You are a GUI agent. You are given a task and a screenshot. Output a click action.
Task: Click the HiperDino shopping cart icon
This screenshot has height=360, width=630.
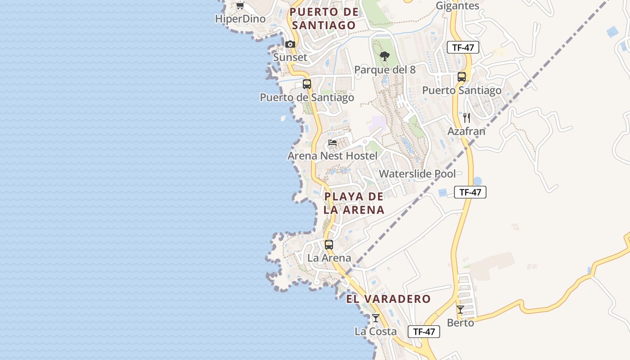(240, 6)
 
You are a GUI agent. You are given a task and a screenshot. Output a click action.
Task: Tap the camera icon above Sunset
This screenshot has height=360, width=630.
(290, 44)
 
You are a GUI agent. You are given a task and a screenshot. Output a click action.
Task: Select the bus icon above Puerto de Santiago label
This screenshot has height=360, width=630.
(307, 84)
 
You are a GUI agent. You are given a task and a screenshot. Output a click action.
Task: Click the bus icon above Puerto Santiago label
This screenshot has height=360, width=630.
(462, 77)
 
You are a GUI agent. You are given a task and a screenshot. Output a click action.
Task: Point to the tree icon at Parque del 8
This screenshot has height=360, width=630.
(384, 56)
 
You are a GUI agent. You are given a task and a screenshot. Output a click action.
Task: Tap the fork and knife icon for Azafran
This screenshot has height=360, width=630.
(467, 118)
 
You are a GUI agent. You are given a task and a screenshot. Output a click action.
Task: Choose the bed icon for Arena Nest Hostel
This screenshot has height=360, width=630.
(333, 143)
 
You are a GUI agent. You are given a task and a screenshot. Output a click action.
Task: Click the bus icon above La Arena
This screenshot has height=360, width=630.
(329, 245)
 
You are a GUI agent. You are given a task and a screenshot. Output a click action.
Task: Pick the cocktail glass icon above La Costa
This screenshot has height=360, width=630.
(376, 318)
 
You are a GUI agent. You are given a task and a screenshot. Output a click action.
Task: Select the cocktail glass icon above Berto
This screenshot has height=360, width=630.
(460, 310)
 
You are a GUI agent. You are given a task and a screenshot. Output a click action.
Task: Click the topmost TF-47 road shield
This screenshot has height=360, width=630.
(463, 47)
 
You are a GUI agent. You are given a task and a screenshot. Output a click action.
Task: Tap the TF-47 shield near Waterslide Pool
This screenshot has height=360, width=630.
(470, 192)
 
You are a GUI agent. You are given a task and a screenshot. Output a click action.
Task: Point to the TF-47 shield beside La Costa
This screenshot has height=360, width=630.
(423, 332)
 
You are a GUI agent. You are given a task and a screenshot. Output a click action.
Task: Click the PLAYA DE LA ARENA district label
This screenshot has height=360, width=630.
(354, 203)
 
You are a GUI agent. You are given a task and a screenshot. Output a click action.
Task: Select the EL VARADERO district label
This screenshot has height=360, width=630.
(388, 299)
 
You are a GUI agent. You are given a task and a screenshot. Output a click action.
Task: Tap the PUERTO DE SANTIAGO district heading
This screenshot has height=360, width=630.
(324, 18)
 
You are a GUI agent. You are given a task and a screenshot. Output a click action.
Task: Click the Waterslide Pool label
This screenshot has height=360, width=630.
(417, 174)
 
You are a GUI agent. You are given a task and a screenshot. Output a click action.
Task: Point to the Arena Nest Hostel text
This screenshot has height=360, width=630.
(333, 156)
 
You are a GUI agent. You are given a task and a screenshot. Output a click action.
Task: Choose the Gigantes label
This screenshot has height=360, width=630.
(458, 6)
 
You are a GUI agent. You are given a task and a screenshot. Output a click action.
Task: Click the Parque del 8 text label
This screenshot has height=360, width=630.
(385, 70)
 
